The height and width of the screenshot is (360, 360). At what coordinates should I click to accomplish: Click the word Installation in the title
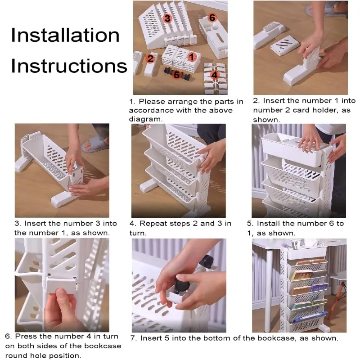click(65, 35)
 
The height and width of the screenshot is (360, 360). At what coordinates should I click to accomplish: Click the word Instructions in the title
click(69, 66)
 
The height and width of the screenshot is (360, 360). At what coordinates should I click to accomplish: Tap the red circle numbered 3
click(167, 18)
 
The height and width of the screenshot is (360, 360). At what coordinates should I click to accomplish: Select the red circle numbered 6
click(212, 18)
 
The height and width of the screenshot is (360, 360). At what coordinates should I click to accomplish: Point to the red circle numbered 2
click(150, 58)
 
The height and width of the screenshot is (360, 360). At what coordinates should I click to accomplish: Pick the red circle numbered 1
click(192, 57)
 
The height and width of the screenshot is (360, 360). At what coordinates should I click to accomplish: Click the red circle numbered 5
click(176, 75)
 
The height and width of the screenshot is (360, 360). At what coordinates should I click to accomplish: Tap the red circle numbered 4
click(214, 75)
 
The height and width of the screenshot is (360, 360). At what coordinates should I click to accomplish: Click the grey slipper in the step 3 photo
click(94, 144)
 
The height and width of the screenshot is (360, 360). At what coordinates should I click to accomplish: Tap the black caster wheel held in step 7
click(182, 285)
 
